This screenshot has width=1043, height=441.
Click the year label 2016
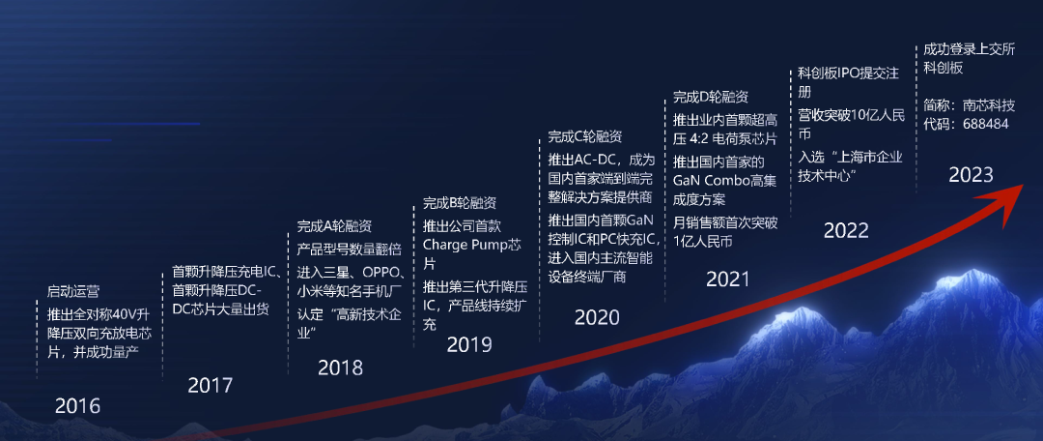point(78,405)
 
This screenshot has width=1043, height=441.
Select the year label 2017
point(211,385)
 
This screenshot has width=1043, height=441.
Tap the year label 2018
point(341,367)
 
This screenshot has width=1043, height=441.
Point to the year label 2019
point(469,344)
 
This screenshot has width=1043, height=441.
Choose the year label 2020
point(597,318)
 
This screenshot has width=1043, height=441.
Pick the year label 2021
point(728,279)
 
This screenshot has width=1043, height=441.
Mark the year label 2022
point(846,230)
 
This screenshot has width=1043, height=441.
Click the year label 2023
point(971,174)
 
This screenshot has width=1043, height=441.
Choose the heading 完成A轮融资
point(334,226)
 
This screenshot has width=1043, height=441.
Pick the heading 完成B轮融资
point(460,203)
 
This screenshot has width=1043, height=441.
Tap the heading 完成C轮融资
point(584,137)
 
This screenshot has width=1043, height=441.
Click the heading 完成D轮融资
point(711,98)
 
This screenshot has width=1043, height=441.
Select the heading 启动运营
point(73,291)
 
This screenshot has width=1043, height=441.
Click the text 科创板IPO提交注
point(848,73)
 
